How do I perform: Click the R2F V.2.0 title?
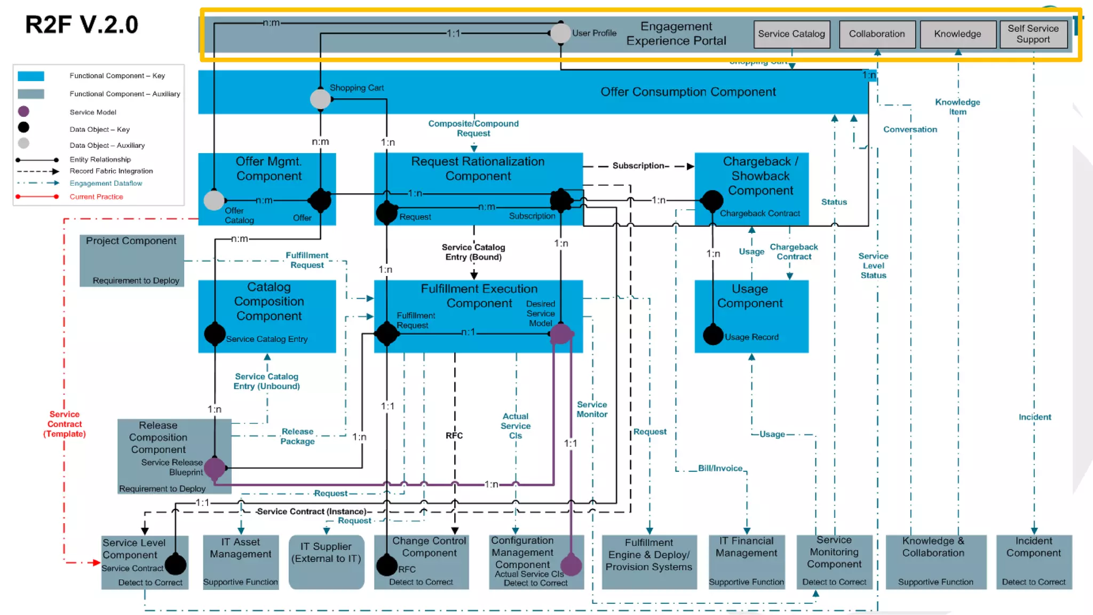pyautogui.click(x=82, y=25)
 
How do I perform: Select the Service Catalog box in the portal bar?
pyautogui.click(x=791, y=34)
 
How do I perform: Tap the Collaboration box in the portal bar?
pyautogui.click(x=877, y=34)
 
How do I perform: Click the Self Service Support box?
pyautogui.click(x=1033, y=34)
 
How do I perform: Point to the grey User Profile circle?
pyautogui.click(x=560, y=33)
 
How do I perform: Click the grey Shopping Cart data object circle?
pyautogui.click(x=320, y=99)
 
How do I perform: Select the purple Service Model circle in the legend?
pyautogui.click(x=23, y=112)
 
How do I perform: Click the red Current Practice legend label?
pyautogui.click(x=96, y=197)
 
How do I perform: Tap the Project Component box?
pyautogui.click(x=132, y=261)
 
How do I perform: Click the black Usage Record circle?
pyautogui.click(x=713, y=335)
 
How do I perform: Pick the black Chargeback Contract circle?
pyautogui.click(x=712, y=201)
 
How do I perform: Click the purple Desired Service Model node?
pyautogui.click(x=560, y=334)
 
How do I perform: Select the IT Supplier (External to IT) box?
pyautogui.click(x=326, y=562)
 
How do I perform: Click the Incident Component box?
pyautogui.click(x=1034, y=562)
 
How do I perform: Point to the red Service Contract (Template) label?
pyautogui.click(x=65, y=424)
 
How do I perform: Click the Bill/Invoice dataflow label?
pyautogui.click(x=720, y=468)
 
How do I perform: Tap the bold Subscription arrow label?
pyautogui.click(x=639, y=166)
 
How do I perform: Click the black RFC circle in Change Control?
pyautogui.click(x=387, y=565)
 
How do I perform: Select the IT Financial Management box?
pyautogui.click(x=746, y=562)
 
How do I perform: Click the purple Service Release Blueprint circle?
pyautogui.click(x=215, y=468)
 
